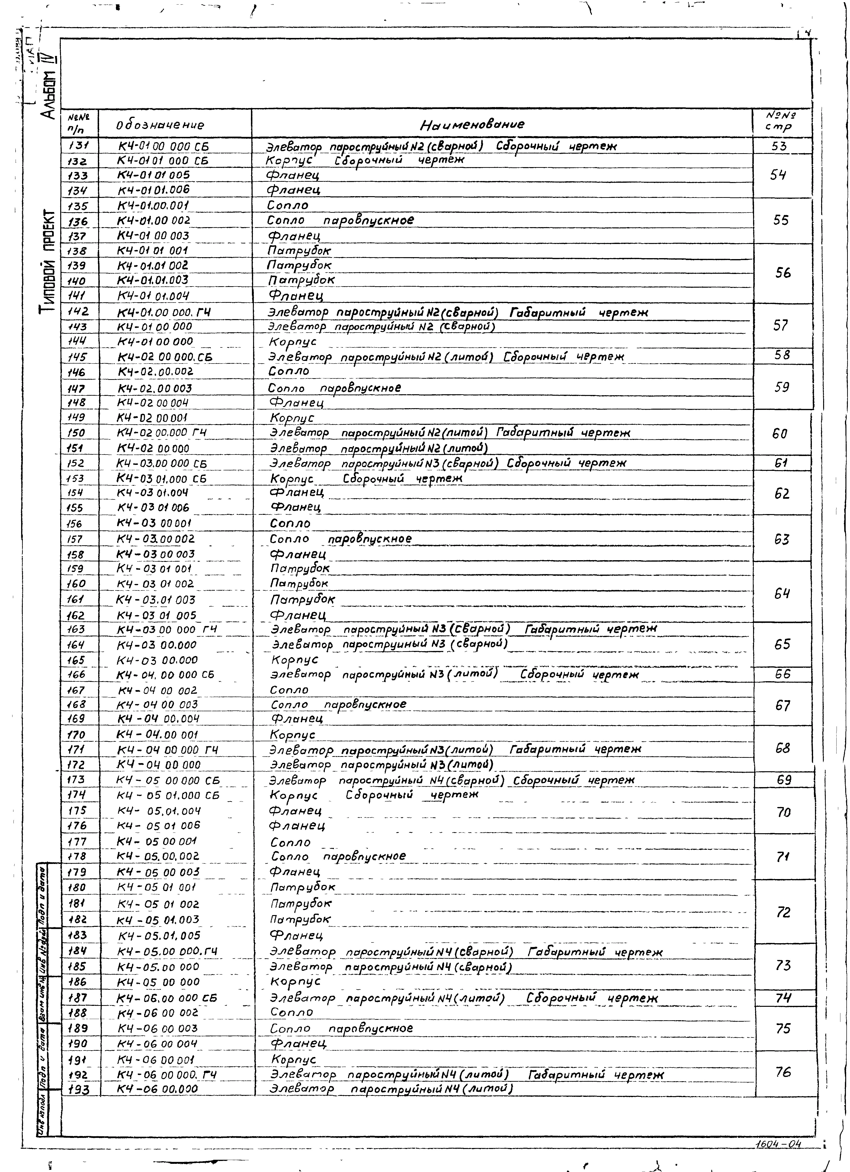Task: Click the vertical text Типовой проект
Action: click(48, 261)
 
